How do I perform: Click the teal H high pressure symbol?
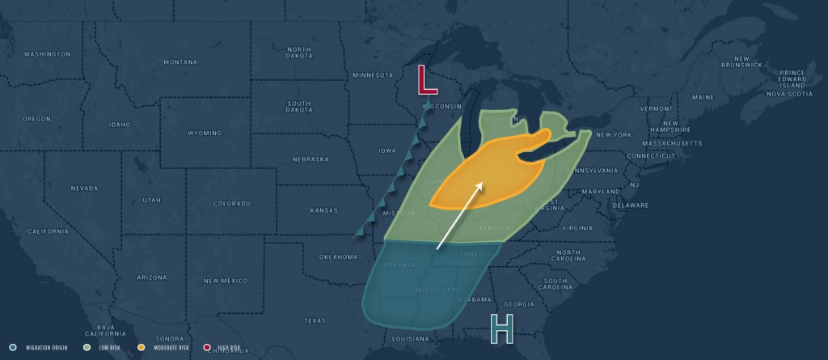click(x=501, y=328)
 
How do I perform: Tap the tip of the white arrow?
click(x=483, y=183)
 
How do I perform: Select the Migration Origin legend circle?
click(x=13, y=348)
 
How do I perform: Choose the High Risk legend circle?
click(x=207, y=348)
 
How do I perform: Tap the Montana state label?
click(x=180, y=62)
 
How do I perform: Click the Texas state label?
click(x=315, y=320)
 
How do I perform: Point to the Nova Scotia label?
click(x=788, y=94)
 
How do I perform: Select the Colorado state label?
click(x=232, y=204)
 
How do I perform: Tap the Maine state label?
click(x=703, y=97)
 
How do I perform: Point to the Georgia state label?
click(x=518, y=304)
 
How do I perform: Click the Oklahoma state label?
click(x=338, y=257)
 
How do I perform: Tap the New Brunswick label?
click(x=741, y=61)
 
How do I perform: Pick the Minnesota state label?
click(x=372, y=75)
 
